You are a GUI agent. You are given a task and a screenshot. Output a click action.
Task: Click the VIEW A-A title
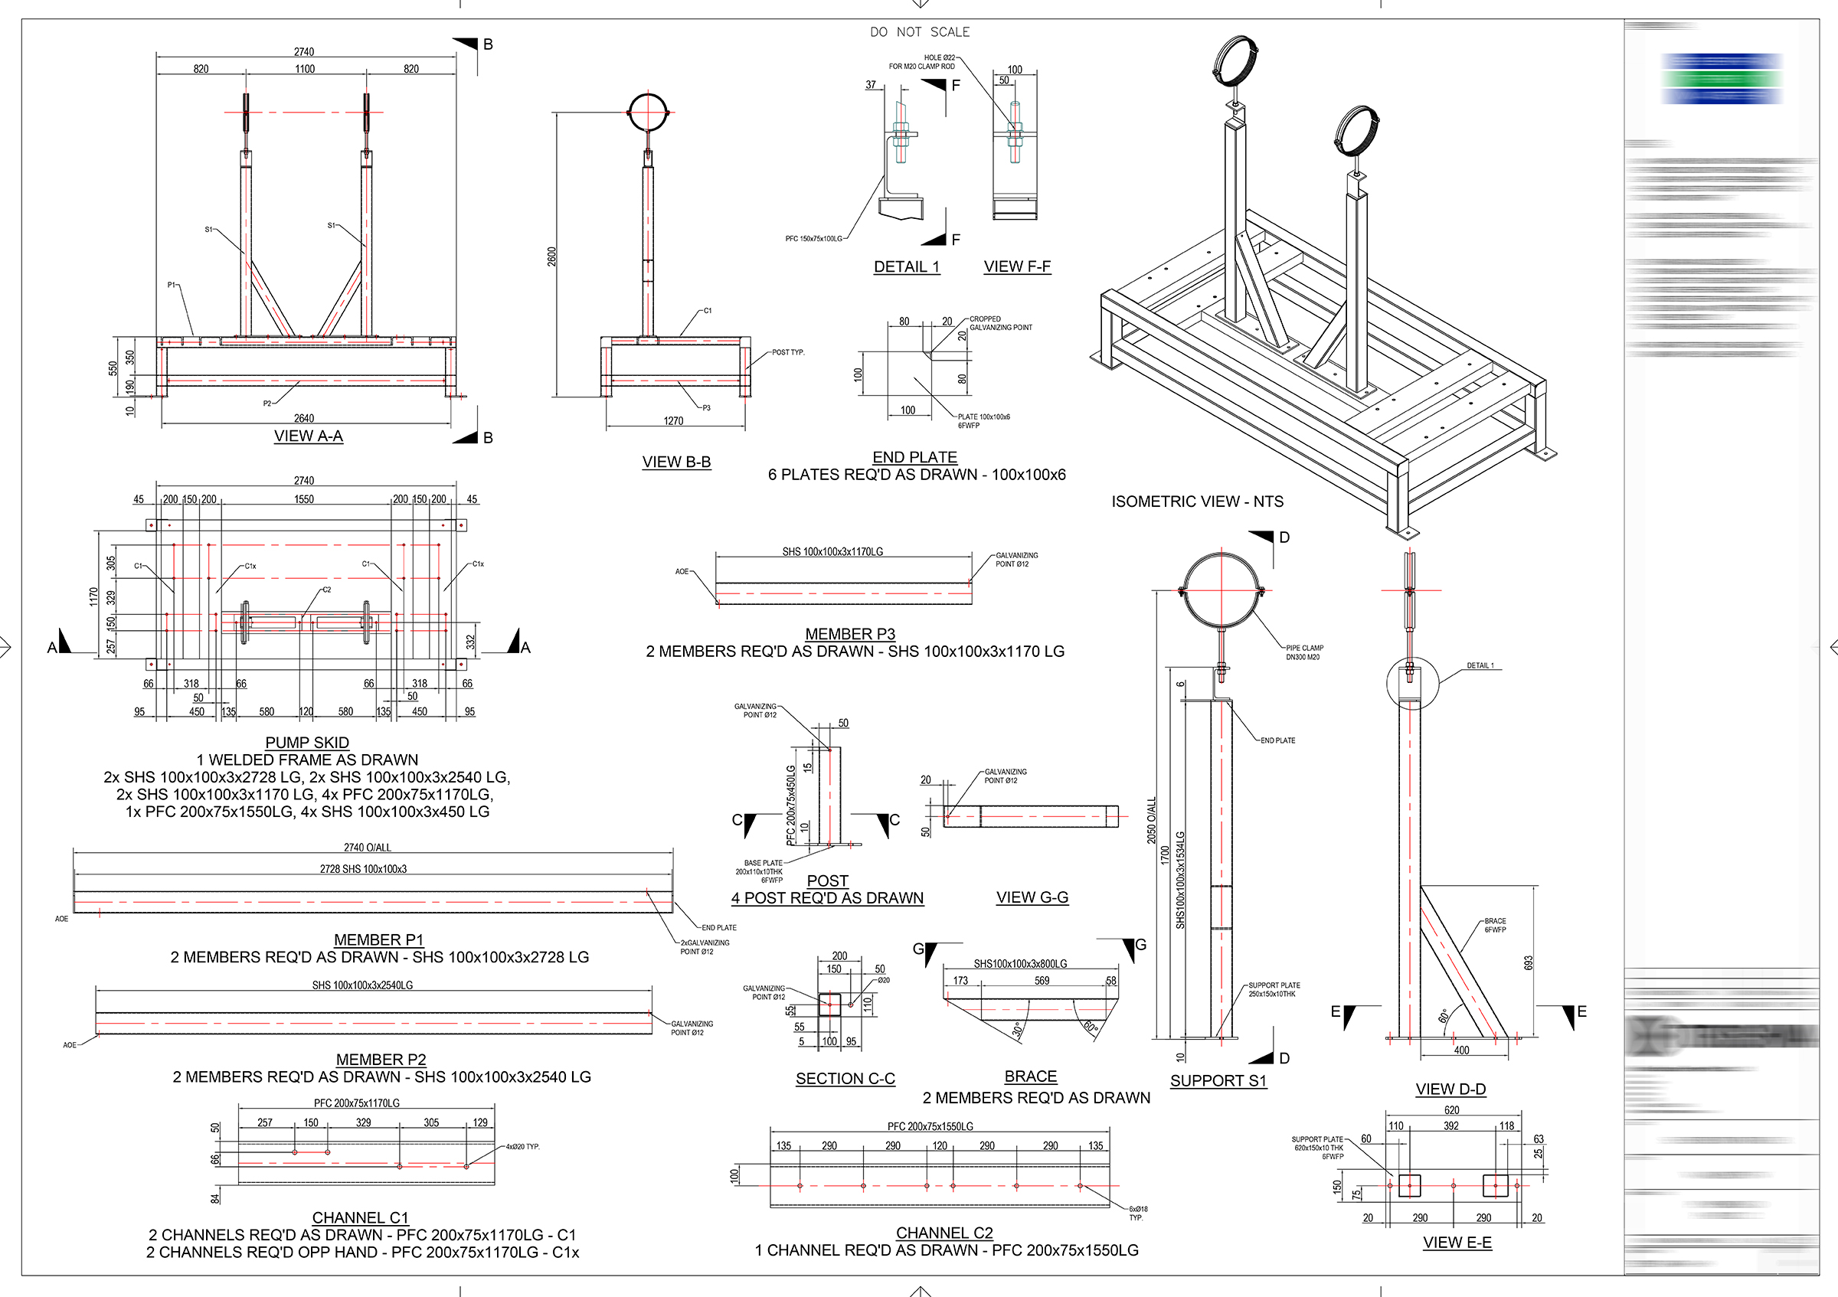coord(308,436)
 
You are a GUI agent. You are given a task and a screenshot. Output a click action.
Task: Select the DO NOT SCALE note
coord(920,32)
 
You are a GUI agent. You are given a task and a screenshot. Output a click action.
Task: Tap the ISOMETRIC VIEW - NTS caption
coord(1197,501)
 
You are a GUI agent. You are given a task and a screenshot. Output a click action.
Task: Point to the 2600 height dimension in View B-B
coord(552,256)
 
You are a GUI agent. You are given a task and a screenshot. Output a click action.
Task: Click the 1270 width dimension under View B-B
coord(673,421)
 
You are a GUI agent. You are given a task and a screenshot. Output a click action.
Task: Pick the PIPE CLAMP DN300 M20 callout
coord(1304,653)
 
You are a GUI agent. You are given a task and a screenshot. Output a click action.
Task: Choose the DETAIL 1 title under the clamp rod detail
coord(906,267)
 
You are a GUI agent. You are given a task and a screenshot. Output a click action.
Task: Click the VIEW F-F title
coord(1017,267)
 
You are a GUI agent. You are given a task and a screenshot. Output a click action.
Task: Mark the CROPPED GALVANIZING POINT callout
coord(1001,323)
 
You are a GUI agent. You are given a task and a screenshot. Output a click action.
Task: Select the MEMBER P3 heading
coord(850,634)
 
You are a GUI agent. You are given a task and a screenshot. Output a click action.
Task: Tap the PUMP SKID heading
coord(307,743)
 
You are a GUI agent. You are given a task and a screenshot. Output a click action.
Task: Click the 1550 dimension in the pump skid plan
coord(304,499)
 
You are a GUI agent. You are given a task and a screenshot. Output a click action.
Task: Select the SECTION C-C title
coord(845,1079)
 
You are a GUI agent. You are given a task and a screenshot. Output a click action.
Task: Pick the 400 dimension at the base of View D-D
coord(1462,1050)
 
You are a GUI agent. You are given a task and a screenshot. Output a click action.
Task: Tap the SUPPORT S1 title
coord(1218,1081)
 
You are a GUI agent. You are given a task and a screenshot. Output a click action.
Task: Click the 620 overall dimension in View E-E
coord(1452,1109)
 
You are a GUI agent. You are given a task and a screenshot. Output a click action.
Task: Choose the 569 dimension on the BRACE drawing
coord(1042,981)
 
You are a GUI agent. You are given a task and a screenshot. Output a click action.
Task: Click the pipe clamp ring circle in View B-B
coord(648,112)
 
